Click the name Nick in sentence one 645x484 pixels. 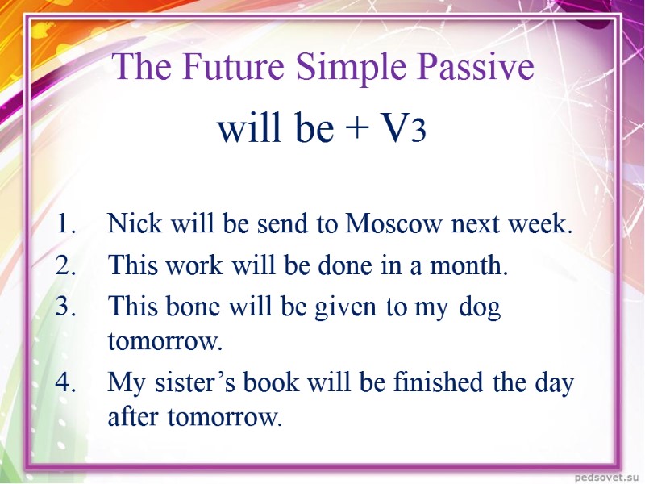click(131, 224)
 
